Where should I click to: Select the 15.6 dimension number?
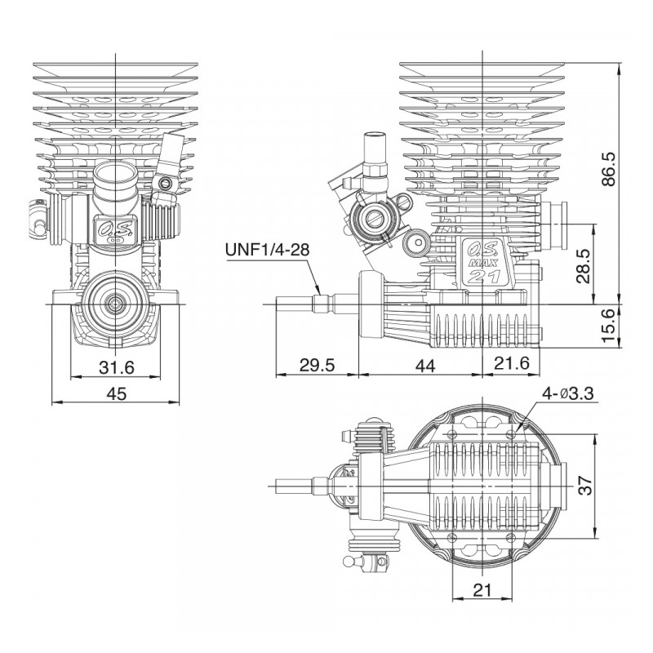point(608,326)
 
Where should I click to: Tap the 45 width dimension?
point(117,393)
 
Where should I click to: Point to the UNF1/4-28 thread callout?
point(268,249)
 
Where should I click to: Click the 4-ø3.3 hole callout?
point(568,393)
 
